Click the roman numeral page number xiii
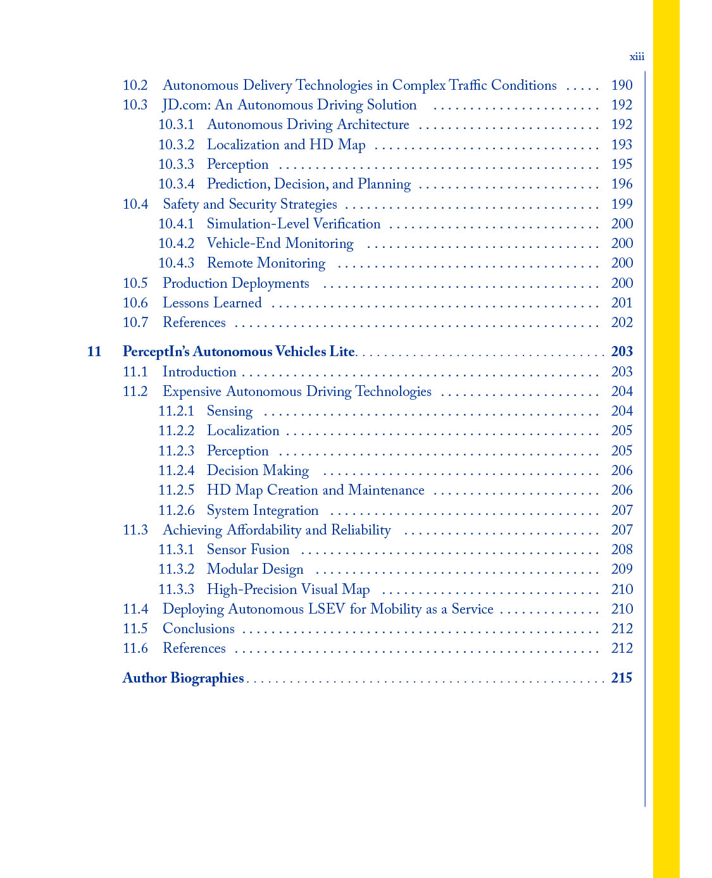pos(637,57)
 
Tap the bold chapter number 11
pos(94,352)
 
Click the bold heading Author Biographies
pos(183,678)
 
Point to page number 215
pos(621,678)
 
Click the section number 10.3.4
pos(176,184)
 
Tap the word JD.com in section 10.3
pos(186,105)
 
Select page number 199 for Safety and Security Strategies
pos(621,204)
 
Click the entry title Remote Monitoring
pos(266,263)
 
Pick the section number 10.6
pos(135,303)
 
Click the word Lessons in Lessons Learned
pos(185,303)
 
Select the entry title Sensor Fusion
pos(248,550)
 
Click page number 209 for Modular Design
pos(621,569)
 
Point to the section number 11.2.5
pos(176,490)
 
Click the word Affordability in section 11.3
pos(264,530)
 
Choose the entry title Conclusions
pos(198,629)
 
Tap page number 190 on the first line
pos(621,85)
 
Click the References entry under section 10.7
pos(194,323)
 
